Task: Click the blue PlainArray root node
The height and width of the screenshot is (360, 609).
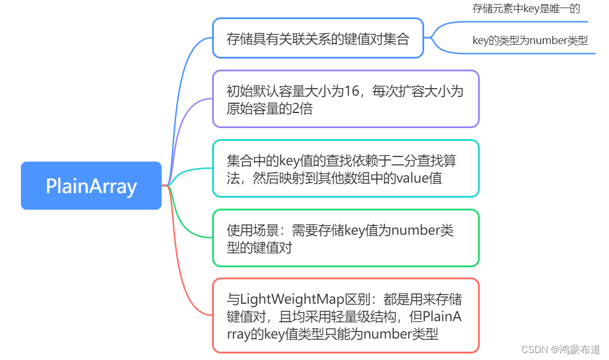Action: [x=91, y=186]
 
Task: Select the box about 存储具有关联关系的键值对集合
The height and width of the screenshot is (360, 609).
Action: [x=318, y=38]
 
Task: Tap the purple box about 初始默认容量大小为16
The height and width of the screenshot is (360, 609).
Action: [x=345, y=99]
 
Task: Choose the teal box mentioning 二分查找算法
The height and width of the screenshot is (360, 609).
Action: [x=345, y=169]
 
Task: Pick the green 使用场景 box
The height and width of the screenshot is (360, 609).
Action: [x=345, y=238]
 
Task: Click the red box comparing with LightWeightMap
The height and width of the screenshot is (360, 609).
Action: [x=345, y=316]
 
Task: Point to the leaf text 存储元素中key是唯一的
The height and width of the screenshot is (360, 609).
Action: [x=526, y=9]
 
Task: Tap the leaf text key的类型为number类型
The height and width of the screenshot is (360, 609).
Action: [x=530, y=41]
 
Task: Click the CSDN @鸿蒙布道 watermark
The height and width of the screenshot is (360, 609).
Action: [x=560, y=350]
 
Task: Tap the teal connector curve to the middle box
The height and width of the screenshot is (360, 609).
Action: [x=188, y=172]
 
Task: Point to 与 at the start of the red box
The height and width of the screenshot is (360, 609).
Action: [x=232, y=300]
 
